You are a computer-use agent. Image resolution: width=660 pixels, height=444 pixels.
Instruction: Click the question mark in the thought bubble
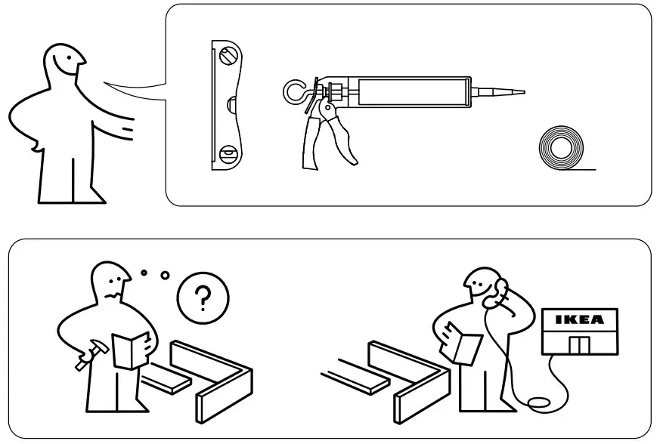pos(200,301)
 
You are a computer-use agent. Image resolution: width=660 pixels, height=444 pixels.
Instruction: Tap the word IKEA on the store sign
pos(580,319)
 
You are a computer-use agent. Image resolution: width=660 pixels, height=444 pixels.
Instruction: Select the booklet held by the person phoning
pos(462,341)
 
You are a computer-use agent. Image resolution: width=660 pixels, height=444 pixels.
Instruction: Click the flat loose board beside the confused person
pos(168,378)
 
